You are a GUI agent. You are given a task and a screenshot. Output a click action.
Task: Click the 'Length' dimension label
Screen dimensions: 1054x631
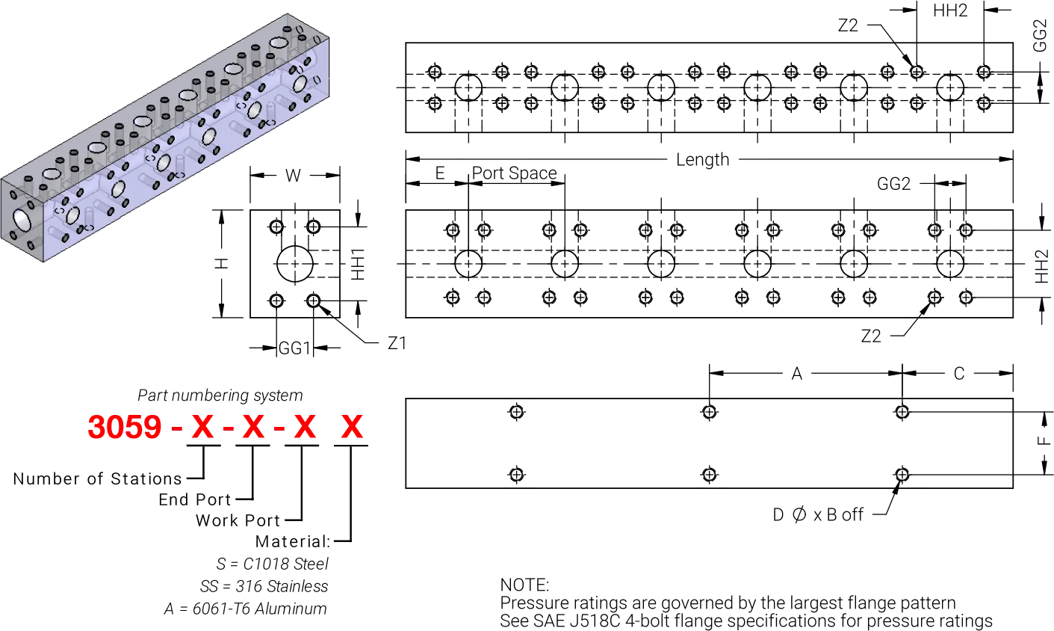click(702, 160)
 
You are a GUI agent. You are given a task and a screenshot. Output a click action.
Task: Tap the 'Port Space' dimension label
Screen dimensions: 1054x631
click(514, 173)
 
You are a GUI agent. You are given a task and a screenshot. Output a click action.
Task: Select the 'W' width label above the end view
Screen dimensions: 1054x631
click(293, 176)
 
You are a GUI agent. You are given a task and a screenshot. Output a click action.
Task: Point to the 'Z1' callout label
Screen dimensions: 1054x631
click(397, 343)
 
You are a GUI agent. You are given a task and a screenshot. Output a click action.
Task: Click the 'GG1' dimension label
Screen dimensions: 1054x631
click(294, 348)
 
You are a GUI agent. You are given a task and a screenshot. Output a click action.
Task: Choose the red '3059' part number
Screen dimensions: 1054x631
click(125, 427)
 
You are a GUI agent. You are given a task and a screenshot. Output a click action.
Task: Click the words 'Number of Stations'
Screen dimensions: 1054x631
click(97, 479)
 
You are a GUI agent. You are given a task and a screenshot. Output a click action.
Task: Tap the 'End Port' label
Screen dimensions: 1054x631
click(195, 499)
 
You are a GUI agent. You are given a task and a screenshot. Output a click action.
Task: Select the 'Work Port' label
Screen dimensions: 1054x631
click(238, 520)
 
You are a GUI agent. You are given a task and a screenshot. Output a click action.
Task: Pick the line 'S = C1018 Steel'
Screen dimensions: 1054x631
click(273, 564)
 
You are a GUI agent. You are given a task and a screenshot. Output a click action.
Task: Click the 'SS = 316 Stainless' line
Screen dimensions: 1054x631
click(264, 586)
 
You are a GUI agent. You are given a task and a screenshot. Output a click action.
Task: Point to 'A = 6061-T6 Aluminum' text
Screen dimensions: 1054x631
click(246, 609)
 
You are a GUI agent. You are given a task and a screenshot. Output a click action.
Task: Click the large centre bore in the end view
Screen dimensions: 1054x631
click(295, 264)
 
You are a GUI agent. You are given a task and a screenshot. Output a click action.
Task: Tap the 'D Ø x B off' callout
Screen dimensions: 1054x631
click(818, 514)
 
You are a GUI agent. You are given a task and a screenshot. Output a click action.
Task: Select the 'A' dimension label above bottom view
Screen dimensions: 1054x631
click(796, 374)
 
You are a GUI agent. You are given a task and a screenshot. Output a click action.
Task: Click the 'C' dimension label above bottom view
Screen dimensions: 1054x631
click(959, 374)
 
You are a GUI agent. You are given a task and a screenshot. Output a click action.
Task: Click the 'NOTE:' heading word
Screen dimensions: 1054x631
click(524, 585)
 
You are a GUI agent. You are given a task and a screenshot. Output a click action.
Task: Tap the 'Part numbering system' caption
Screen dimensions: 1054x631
click(220, 395)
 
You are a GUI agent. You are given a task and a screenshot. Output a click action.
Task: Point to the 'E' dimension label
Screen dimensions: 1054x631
click(440, 173)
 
